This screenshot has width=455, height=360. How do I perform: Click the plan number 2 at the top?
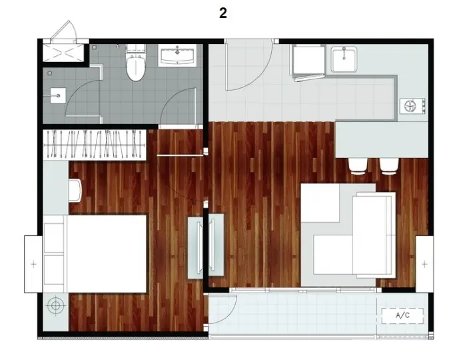click(x=223, y=13)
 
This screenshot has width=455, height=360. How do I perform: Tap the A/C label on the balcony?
click(x=403, y=315)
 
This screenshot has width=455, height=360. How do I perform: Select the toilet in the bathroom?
click(x=135, y=63)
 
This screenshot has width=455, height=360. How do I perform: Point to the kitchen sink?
click(x=344, y=59)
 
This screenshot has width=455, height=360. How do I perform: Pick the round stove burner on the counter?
click(x=410, y=106)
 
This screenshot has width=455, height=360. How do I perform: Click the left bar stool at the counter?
click(x=358, y=167)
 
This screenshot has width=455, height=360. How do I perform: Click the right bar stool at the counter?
click(x=389, y=167)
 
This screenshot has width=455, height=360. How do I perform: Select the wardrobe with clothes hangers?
click(x=95, y=145)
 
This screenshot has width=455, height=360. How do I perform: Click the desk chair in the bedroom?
click(x=75, y=191)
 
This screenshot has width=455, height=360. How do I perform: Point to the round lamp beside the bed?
click(x=55, y=305)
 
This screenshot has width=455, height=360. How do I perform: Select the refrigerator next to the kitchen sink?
click(x=308, y=62)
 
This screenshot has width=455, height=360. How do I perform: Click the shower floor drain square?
click(x=58, y=96)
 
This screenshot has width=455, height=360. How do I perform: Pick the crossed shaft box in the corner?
click(x=63, y=53)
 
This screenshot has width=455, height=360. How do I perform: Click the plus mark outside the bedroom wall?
click(x=34, y=264)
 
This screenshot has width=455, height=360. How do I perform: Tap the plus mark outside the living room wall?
click(x=424, y=264)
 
